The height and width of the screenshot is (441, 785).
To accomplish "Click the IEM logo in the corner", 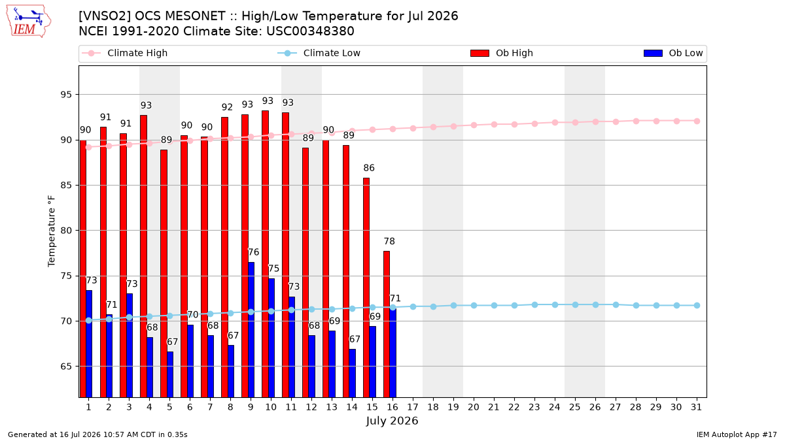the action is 28,22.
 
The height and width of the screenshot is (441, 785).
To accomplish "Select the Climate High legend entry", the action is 124,53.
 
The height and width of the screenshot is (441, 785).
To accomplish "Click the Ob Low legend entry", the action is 673,53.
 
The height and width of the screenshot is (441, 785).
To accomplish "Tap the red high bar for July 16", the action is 387,324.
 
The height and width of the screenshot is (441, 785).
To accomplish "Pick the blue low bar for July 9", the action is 251,330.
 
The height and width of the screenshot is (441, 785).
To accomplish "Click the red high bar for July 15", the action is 366,287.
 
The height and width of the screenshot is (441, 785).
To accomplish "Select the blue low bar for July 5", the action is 170,374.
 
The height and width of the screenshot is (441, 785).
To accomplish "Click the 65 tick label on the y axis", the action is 66,367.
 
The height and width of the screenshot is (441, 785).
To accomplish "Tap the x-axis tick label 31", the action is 696,408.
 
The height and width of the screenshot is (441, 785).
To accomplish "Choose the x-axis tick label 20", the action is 474,408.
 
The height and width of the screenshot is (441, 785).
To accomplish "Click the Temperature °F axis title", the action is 52,231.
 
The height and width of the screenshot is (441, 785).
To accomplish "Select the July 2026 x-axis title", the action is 392,421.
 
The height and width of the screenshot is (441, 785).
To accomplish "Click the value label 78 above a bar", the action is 389,242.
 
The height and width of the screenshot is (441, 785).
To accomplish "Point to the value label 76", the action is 253,252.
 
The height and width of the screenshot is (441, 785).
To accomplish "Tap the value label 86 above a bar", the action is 369,168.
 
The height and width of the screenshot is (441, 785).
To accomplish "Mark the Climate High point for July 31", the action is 697,121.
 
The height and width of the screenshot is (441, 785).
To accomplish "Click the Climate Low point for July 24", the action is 555,305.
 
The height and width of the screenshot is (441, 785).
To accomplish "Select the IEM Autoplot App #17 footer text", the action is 737,434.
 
